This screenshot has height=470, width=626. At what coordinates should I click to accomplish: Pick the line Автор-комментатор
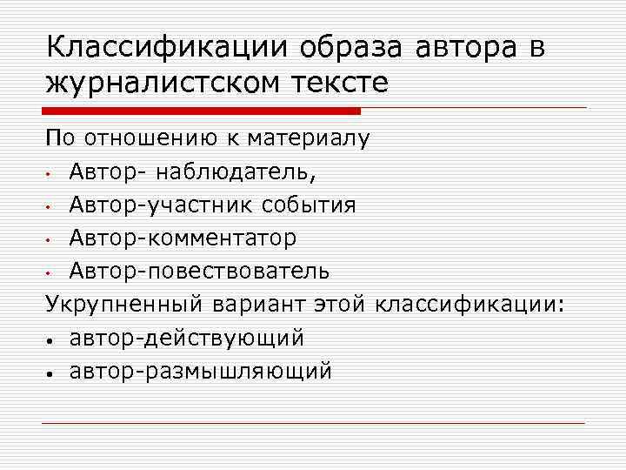coord(183,237)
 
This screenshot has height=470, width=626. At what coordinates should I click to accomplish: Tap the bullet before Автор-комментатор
coord(52,238)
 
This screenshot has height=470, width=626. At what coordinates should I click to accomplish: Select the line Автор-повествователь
coord(200,270)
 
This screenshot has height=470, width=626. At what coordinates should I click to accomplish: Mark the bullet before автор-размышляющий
coord(52,373)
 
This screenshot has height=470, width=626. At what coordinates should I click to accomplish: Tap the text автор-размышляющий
coord(201,370)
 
